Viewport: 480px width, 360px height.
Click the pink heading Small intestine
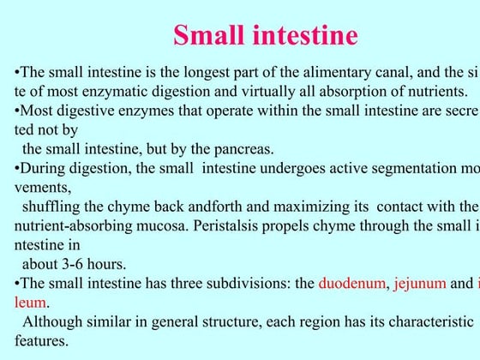(265, 36)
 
